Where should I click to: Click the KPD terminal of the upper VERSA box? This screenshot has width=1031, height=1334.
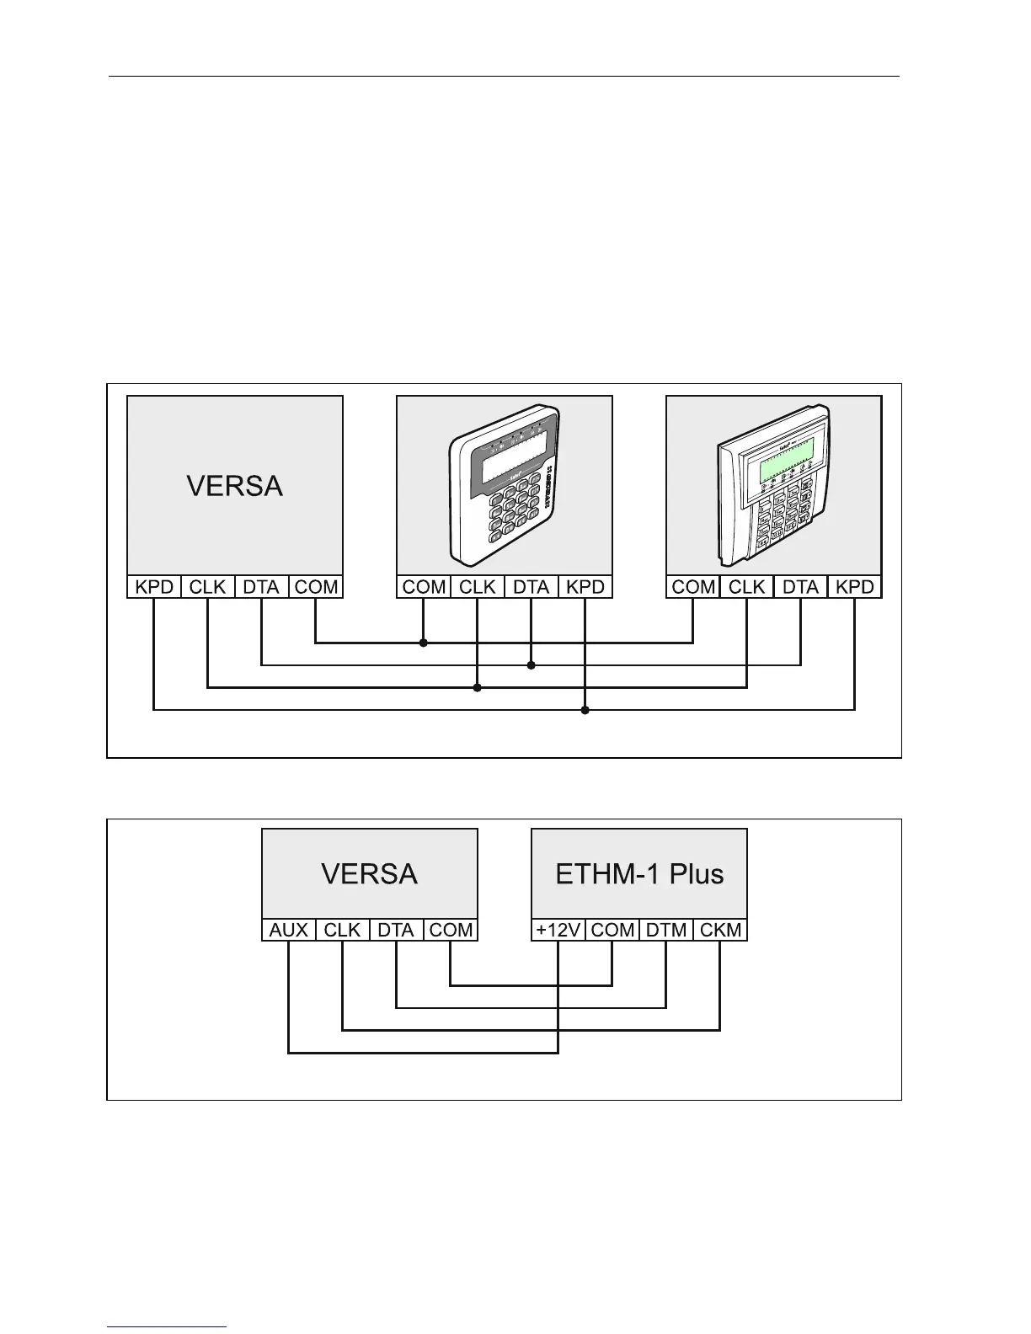pyautogui.click(x=154, y=587)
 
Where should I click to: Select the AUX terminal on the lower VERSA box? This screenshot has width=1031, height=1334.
pyautogui.click(x=288, y=930)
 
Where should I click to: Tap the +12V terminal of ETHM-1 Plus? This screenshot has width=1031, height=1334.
pyautogui.click(x=558, y=930)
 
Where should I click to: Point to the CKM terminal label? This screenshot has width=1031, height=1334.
pyautogui.click(x=720, y=930)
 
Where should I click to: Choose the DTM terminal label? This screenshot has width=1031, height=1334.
pyautogui.click(x=666, y=930)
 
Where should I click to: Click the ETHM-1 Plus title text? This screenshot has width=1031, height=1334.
pyautogui.click(x=639, y=873)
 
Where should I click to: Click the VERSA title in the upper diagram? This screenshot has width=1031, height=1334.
pyautogui.click(x=234, y=486)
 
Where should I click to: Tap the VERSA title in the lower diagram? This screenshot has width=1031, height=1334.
pyautogui.click(x=369, y=873)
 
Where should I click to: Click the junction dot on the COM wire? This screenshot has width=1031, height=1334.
pyautogui.click(x=424, y=643)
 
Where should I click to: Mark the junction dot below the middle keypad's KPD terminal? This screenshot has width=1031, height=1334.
pyautogui.click(x=585, y=710)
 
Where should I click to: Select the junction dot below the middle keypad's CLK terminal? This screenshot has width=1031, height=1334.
pyautogui.click(x=478, y=688)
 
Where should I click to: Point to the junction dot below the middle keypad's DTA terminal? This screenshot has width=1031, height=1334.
pyautogui.click(x=532, y=665)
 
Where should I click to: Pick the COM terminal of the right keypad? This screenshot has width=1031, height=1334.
pyautogui.click(x=693, y=587)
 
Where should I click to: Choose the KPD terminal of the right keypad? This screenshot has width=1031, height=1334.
pyautogui.click(x=855, y=587)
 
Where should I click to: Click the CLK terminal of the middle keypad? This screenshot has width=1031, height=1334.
pyautogui.click(x=478, y=587)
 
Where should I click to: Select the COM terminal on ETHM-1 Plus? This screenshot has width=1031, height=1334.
pyautogui.click(x=612, y=930)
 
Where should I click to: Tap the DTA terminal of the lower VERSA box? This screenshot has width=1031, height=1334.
pyautogui.click(x=396, y=930)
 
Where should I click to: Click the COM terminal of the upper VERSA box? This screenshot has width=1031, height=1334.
pyautogui.click(x=316, y=587)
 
